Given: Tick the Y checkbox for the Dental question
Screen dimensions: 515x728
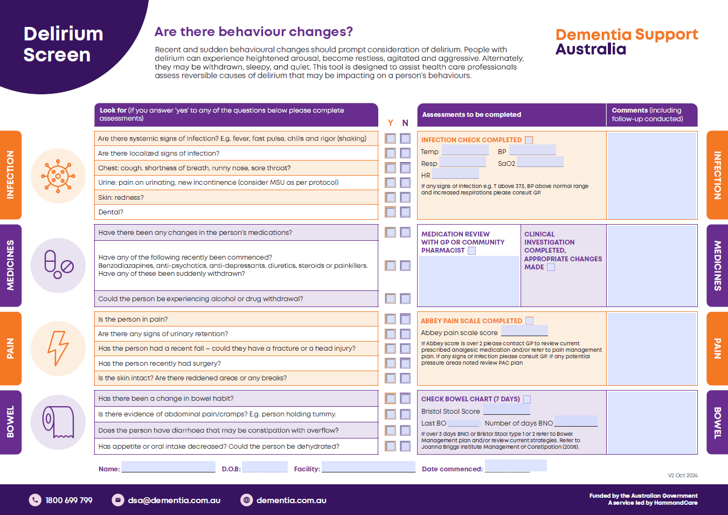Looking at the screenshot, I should [391, 212].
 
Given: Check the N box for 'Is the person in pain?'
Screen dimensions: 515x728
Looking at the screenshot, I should [405, 319].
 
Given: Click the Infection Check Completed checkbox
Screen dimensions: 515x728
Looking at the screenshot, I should [529, 140].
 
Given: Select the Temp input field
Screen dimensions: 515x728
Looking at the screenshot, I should [465, 150].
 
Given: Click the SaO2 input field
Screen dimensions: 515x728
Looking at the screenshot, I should [540, 162].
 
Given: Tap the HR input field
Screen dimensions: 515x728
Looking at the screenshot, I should [455, 173].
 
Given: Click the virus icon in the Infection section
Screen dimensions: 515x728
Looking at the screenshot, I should [58, 176].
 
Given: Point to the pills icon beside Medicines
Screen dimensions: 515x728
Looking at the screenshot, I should [58, 265].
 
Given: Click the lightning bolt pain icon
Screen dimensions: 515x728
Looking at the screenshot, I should [58, 348].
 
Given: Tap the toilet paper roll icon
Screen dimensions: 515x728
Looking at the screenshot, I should [58, 422].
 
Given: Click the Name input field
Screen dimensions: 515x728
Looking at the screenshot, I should [168, 467].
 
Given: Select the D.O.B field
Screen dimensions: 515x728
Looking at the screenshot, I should [265, 467].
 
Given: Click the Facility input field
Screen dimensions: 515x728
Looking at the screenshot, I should [369, 467].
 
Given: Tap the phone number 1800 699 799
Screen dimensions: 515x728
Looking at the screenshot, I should [69, 500].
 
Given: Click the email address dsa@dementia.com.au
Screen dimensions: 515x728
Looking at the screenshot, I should [174, 500].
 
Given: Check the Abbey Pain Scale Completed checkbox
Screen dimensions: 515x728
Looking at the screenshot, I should [530, 321].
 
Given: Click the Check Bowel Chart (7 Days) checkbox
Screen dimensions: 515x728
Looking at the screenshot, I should [527, 399].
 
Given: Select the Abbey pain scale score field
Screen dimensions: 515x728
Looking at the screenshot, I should [524, 331].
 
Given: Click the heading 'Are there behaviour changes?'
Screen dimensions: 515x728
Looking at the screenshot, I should [254, 32].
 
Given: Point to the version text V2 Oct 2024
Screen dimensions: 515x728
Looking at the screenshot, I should [683, 476].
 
